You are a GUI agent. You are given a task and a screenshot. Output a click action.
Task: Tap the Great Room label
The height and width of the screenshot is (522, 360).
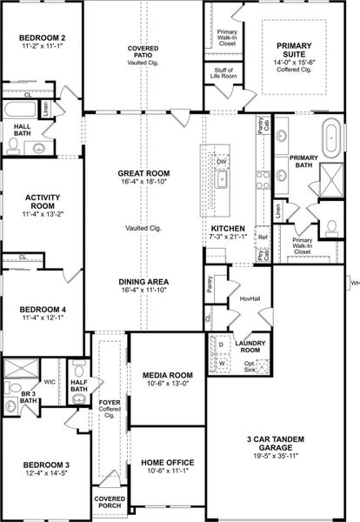(x=143, y=174)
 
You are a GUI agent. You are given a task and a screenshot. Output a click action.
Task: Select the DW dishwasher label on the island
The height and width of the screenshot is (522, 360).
(x=221, y=163)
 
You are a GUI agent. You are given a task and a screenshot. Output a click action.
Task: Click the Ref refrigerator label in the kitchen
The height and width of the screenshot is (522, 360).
(x=262, y=237)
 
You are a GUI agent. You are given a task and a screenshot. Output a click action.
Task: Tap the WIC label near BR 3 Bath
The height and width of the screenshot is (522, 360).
(x=50, y=381)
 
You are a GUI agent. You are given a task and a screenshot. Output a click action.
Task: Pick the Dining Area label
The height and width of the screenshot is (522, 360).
(x=143, y=282)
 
